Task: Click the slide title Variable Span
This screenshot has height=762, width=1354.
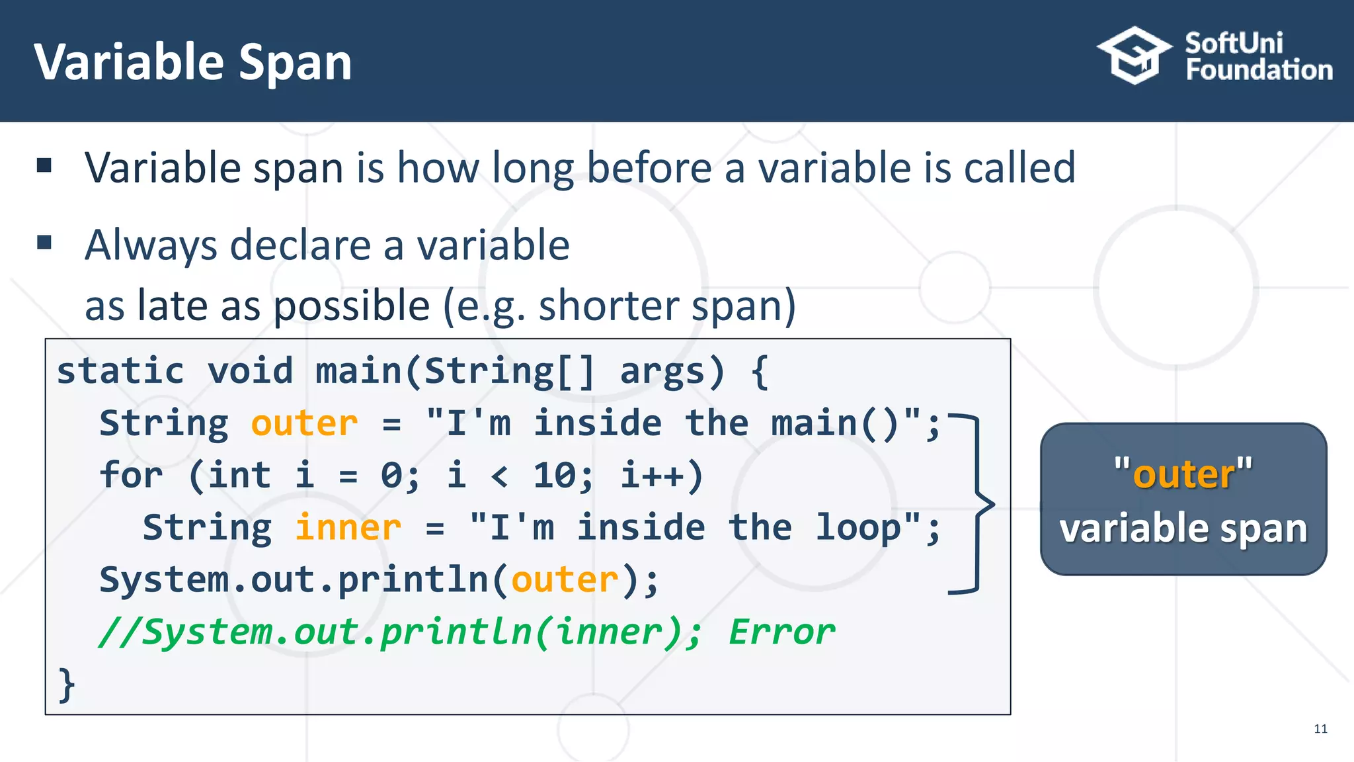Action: click(x=192, y=62)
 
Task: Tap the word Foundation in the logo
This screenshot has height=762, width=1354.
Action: click(x=1259, y=70)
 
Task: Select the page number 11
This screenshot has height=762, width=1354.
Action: click(x=1320, y=729)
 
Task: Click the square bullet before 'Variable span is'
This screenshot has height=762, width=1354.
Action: click(x=44, y=165)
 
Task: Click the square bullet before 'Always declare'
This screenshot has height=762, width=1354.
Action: click(x=44, y=242)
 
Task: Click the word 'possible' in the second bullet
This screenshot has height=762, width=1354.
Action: click(x=352, y=306)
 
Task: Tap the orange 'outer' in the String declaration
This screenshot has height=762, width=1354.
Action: click(x=304, y=423)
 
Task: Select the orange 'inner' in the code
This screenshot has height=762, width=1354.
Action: click(x=348, y=528)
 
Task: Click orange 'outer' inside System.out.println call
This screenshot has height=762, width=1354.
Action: click(x=565, y=580)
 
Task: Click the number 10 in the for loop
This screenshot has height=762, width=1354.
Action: click(x=554, y=476)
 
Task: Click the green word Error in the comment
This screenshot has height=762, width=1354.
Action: click(x=781, y=632)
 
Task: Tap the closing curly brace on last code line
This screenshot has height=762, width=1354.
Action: click(x=66, y=685)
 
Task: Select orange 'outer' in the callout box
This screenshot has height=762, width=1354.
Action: click(x=1183, y=474)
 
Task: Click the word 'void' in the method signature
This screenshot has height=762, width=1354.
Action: click(x=250, y=370)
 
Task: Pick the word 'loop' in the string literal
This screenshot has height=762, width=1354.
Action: click(x=857, y=528)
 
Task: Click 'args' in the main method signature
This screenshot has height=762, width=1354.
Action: click(x=662, y=372)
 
